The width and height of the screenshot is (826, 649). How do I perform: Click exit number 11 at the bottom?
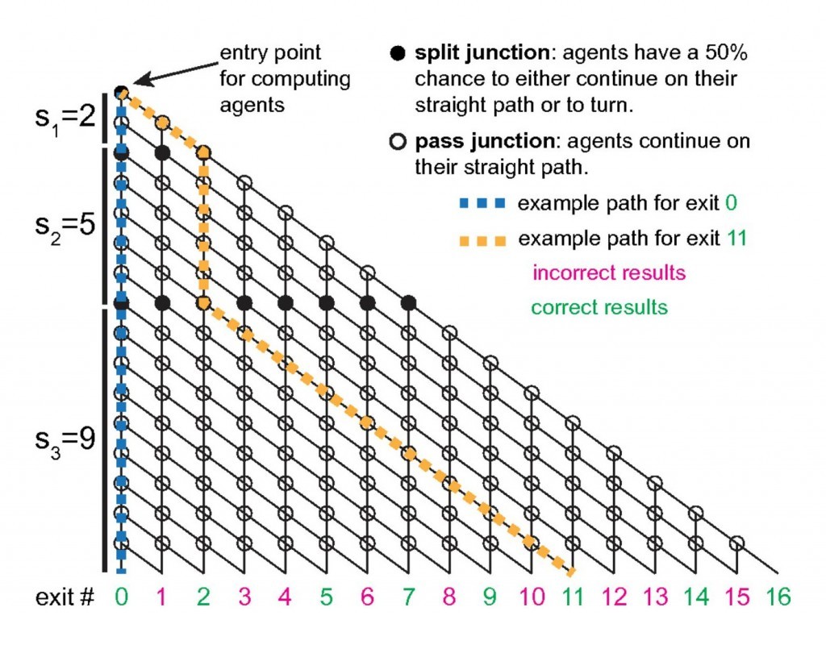574,597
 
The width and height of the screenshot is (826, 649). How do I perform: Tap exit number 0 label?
121,597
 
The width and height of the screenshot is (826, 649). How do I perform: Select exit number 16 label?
779,597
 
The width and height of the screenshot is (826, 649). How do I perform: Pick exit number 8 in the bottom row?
450,597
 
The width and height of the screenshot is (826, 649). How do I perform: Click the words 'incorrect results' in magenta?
609,272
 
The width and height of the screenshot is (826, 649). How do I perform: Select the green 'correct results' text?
599,307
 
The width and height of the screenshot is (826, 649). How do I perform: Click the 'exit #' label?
64,597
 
